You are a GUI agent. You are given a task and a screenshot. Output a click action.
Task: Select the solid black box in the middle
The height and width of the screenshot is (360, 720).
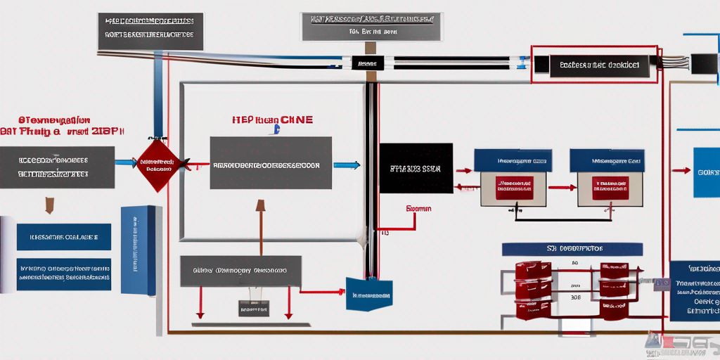coord(416,168)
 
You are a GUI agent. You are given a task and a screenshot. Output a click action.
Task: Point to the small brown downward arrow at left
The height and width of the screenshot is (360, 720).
coord(49,205)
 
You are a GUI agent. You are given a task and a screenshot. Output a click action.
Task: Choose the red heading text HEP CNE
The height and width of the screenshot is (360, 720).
coord(273,120)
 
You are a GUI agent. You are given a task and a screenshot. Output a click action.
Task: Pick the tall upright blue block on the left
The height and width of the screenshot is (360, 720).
coord(139,250)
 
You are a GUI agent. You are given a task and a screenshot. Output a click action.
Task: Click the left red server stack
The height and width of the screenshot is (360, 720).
coord(533,290)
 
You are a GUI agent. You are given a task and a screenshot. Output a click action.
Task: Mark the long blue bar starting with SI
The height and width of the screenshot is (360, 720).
coord(572,249)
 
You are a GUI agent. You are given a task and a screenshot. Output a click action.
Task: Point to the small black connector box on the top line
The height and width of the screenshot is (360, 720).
coord(368,63)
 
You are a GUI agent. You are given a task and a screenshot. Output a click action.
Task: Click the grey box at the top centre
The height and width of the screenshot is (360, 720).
coord(371,26)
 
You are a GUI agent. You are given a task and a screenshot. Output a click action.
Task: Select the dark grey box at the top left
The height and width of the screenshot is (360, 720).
coord(150,31)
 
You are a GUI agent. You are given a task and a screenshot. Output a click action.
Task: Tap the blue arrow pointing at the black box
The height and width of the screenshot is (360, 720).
coord(347,166)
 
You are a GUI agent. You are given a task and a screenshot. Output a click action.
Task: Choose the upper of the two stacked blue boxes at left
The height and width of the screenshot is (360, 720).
coord(63,237)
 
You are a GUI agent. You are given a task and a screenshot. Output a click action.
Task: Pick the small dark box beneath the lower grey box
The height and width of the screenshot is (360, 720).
coord(253,307)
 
